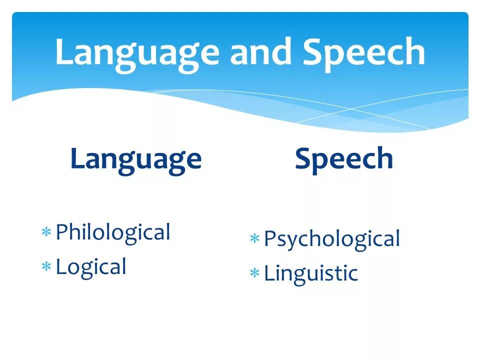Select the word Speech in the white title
364,52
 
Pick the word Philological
113,232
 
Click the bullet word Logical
91,267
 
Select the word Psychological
332,239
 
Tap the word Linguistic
311,273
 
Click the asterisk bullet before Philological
46,232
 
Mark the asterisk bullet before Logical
46,267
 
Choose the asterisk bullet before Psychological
254,239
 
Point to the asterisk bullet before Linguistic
254,273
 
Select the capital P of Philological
62,232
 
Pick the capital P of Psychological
270,239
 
